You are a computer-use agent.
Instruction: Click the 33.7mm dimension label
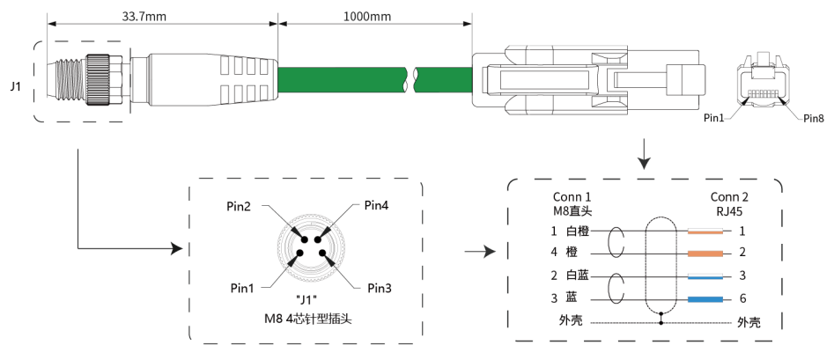click(140, 16)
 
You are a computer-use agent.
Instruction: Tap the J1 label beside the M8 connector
click(15, 86)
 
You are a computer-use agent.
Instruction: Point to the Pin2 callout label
click(238, 207)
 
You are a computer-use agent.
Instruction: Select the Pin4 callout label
click(376, 206)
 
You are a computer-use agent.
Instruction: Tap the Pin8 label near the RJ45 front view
click(814, 118)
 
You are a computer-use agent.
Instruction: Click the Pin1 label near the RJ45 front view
click(714, 118)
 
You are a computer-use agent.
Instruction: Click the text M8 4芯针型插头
click(306, 317)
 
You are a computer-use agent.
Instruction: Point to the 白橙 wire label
click(578, 231)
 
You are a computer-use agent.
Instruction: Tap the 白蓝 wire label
click(578, 276)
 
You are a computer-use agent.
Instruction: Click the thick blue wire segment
click(705, 299)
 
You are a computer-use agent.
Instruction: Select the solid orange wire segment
click(705, 253)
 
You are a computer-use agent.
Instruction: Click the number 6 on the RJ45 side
click(742, 299)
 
